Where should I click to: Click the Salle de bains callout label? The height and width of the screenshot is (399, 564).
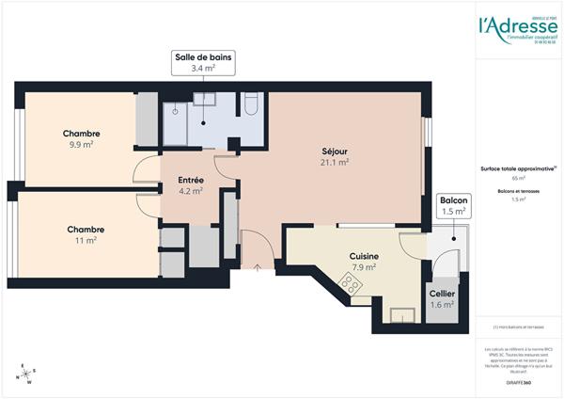[x=203, y=62]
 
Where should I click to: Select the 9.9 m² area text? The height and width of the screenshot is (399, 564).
[x=81, y=145]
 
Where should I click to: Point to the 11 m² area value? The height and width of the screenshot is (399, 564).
[x=85, y=241]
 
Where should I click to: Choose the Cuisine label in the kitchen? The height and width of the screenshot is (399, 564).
[x=364, y=255]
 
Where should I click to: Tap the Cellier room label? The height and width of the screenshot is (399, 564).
[x=442, y=293]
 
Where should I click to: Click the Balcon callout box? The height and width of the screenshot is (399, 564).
[x=454, y=206]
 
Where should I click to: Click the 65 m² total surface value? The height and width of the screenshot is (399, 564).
[x=518, y=178]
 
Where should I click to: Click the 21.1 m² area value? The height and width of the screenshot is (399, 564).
[x=335, y=162]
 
